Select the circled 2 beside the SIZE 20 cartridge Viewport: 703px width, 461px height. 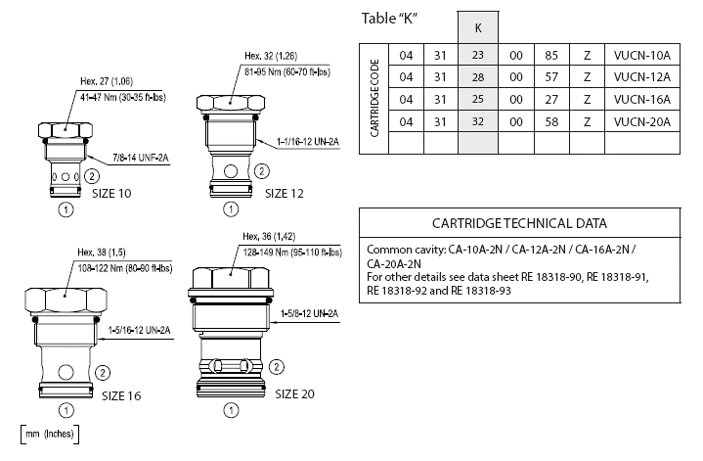(x=277, y=368)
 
